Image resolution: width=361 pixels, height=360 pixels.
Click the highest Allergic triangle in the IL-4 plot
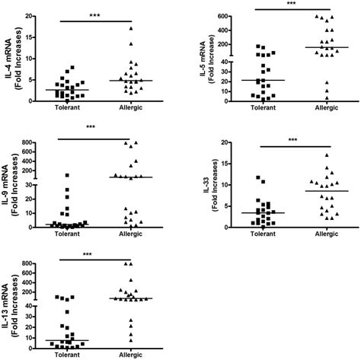pyautogui.click(x=131, y=29)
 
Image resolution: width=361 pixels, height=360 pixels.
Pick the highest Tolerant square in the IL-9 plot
pyautogui.click(x=67, y=175)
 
